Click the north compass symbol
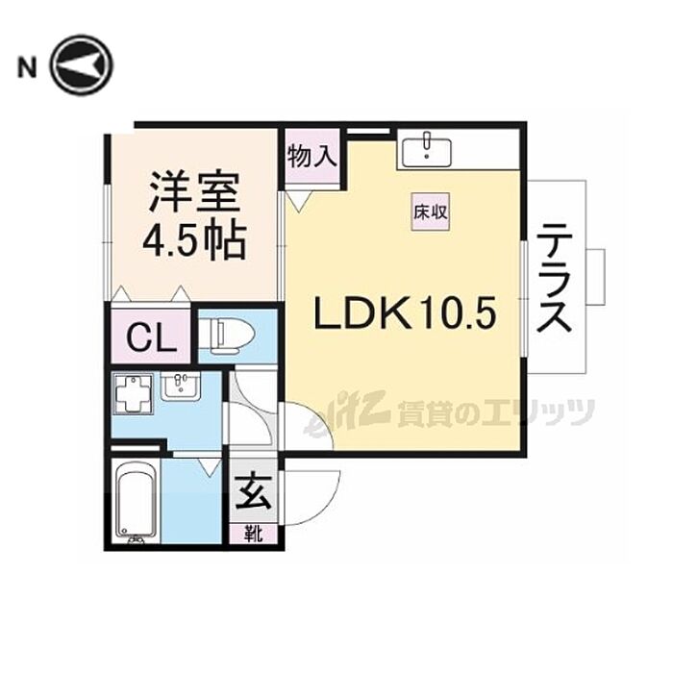82,64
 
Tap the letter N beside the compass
28,66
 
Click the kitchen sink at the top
429,149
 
